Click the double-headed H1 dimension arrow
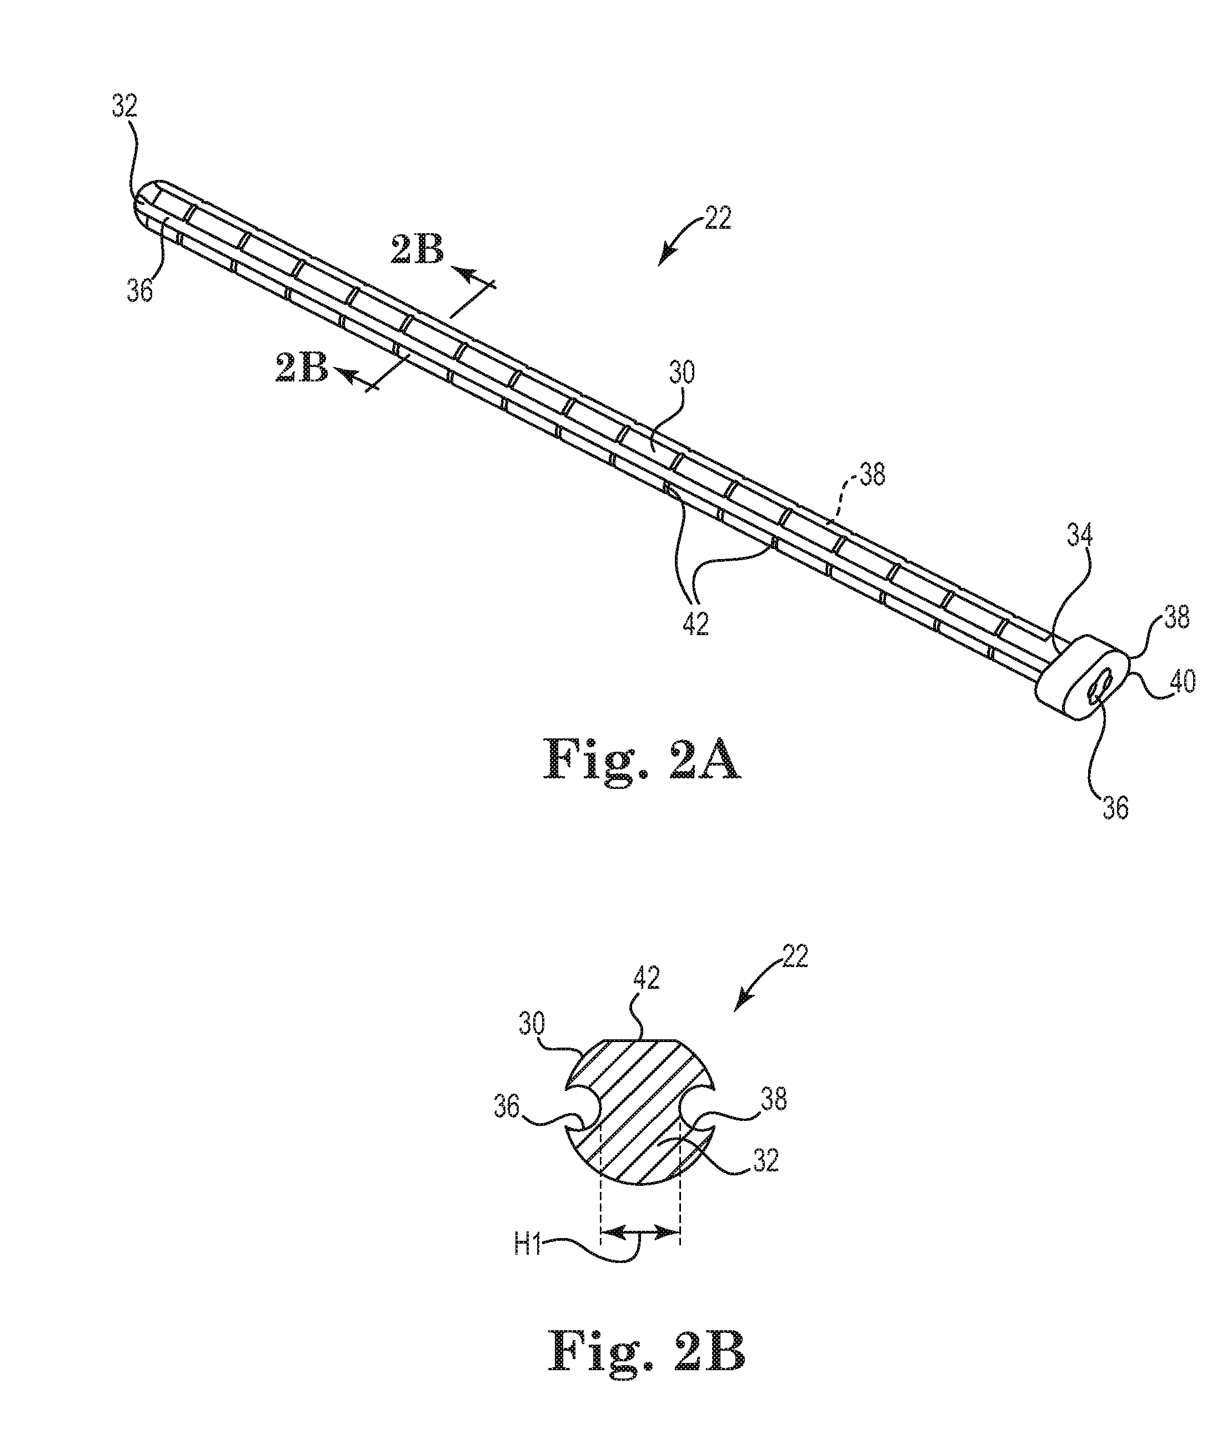[640, 1232]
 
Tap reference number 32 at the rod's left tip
[124, 107]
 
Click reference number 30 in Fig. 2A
[682, 374]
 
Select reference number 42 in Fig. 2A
[695, 624]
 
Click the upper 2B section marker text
[417, 250]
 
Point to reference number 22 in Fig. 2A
[718, 218]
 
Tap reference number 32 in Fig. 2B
[764, 1160]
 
